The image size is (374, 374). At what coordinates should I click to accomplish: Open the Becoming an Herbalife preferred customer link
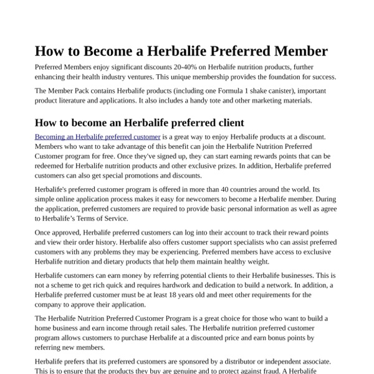97,137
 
